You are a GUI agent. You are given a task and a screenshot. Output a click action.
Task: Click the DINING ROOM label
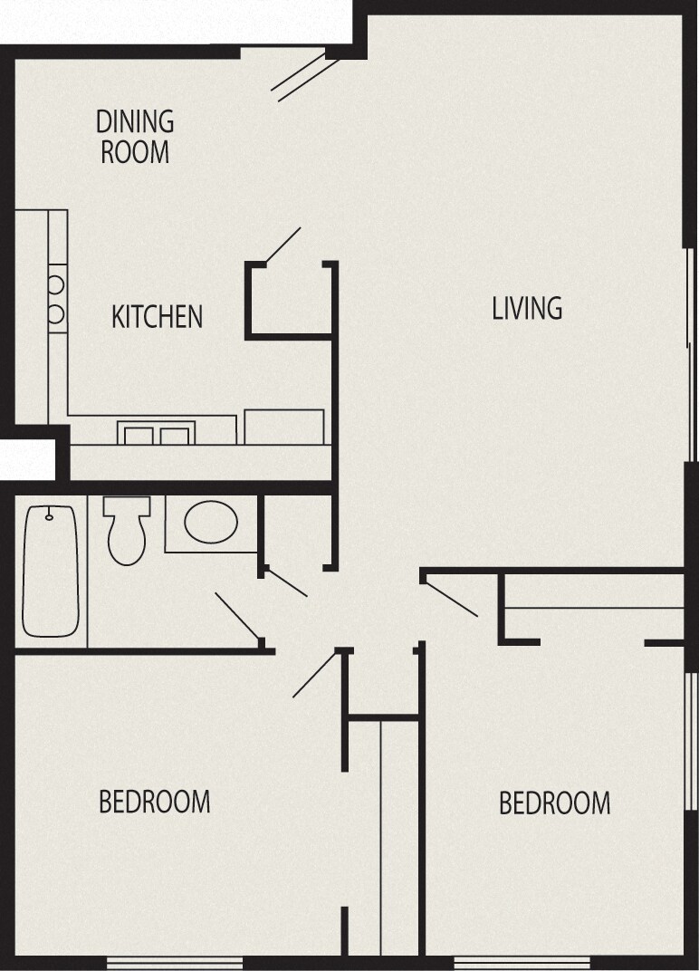coord(135,136)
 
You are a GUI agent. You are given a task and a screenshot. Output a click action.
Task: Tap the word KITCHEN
coord(157,317)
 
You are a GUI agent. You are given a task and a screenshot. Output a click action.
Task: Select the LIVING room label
coord(527,308)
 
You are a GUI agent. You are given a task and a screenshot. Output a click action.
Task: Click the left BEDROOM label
coord(154,802)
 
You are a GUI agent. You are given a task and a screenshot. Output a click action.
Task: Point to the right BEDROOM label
coord(554,803)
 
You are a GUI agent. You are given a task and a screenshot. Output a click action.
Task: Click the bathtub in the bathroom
coord(50,571)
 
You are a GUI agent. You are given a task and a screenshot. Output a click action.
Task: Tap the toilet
coord(125,531)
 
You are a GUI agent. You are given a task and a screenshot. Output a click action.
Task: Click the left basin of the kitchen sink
coord(139,436)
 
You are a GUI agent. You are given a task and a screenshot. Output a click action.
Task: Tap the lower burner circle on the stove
coord(55,314)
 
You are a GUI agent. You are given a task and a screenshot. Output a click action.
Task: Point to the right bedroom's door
coord(451,597)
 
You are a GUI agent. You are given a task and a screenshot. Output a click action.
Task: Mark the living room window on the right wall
coord(692,353)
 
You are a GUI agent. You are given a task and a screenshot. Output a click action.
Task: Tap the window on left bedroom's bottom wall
coord(175,962)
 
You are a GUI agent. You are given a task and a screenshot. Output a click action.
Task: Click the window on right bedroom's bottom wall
coord(521,962)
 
